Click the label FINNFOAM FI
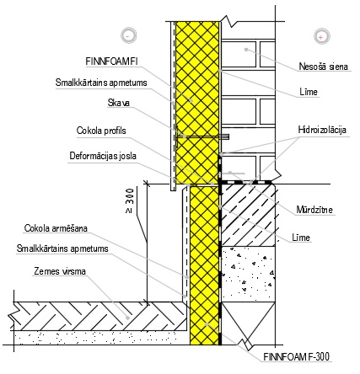tap(111, 61)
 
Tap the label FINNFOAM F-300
tap(297, 356)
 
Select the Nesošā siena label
tap(323, 67)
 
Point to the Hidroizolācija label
tap(322, 130)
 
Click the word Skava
tap(119, 103)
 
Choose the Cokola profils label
tap(101, 131)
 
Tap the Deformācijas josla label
tap(103, 156)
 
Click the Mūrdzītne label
tap(314, 210)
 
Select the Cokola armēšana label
tap(56, 228)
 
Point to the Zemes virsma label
tap(60, 271)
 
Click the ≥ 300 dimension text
tap(130, 200)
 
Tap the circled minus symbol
tap(129, 35)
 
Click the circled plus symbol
tap(321, 36)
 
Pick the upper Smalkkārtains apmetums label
tap(101, 83)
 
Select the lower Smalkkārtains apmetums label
tap(62, 248)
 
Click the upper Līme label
tap(309, 92)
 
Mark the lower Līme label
tap(301, 238)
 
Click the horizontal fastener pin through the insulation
tap(203, 137)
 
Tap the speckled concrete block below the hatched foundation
tap(248, 273)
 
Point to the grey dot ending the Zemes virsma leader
tap(127, 318)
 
